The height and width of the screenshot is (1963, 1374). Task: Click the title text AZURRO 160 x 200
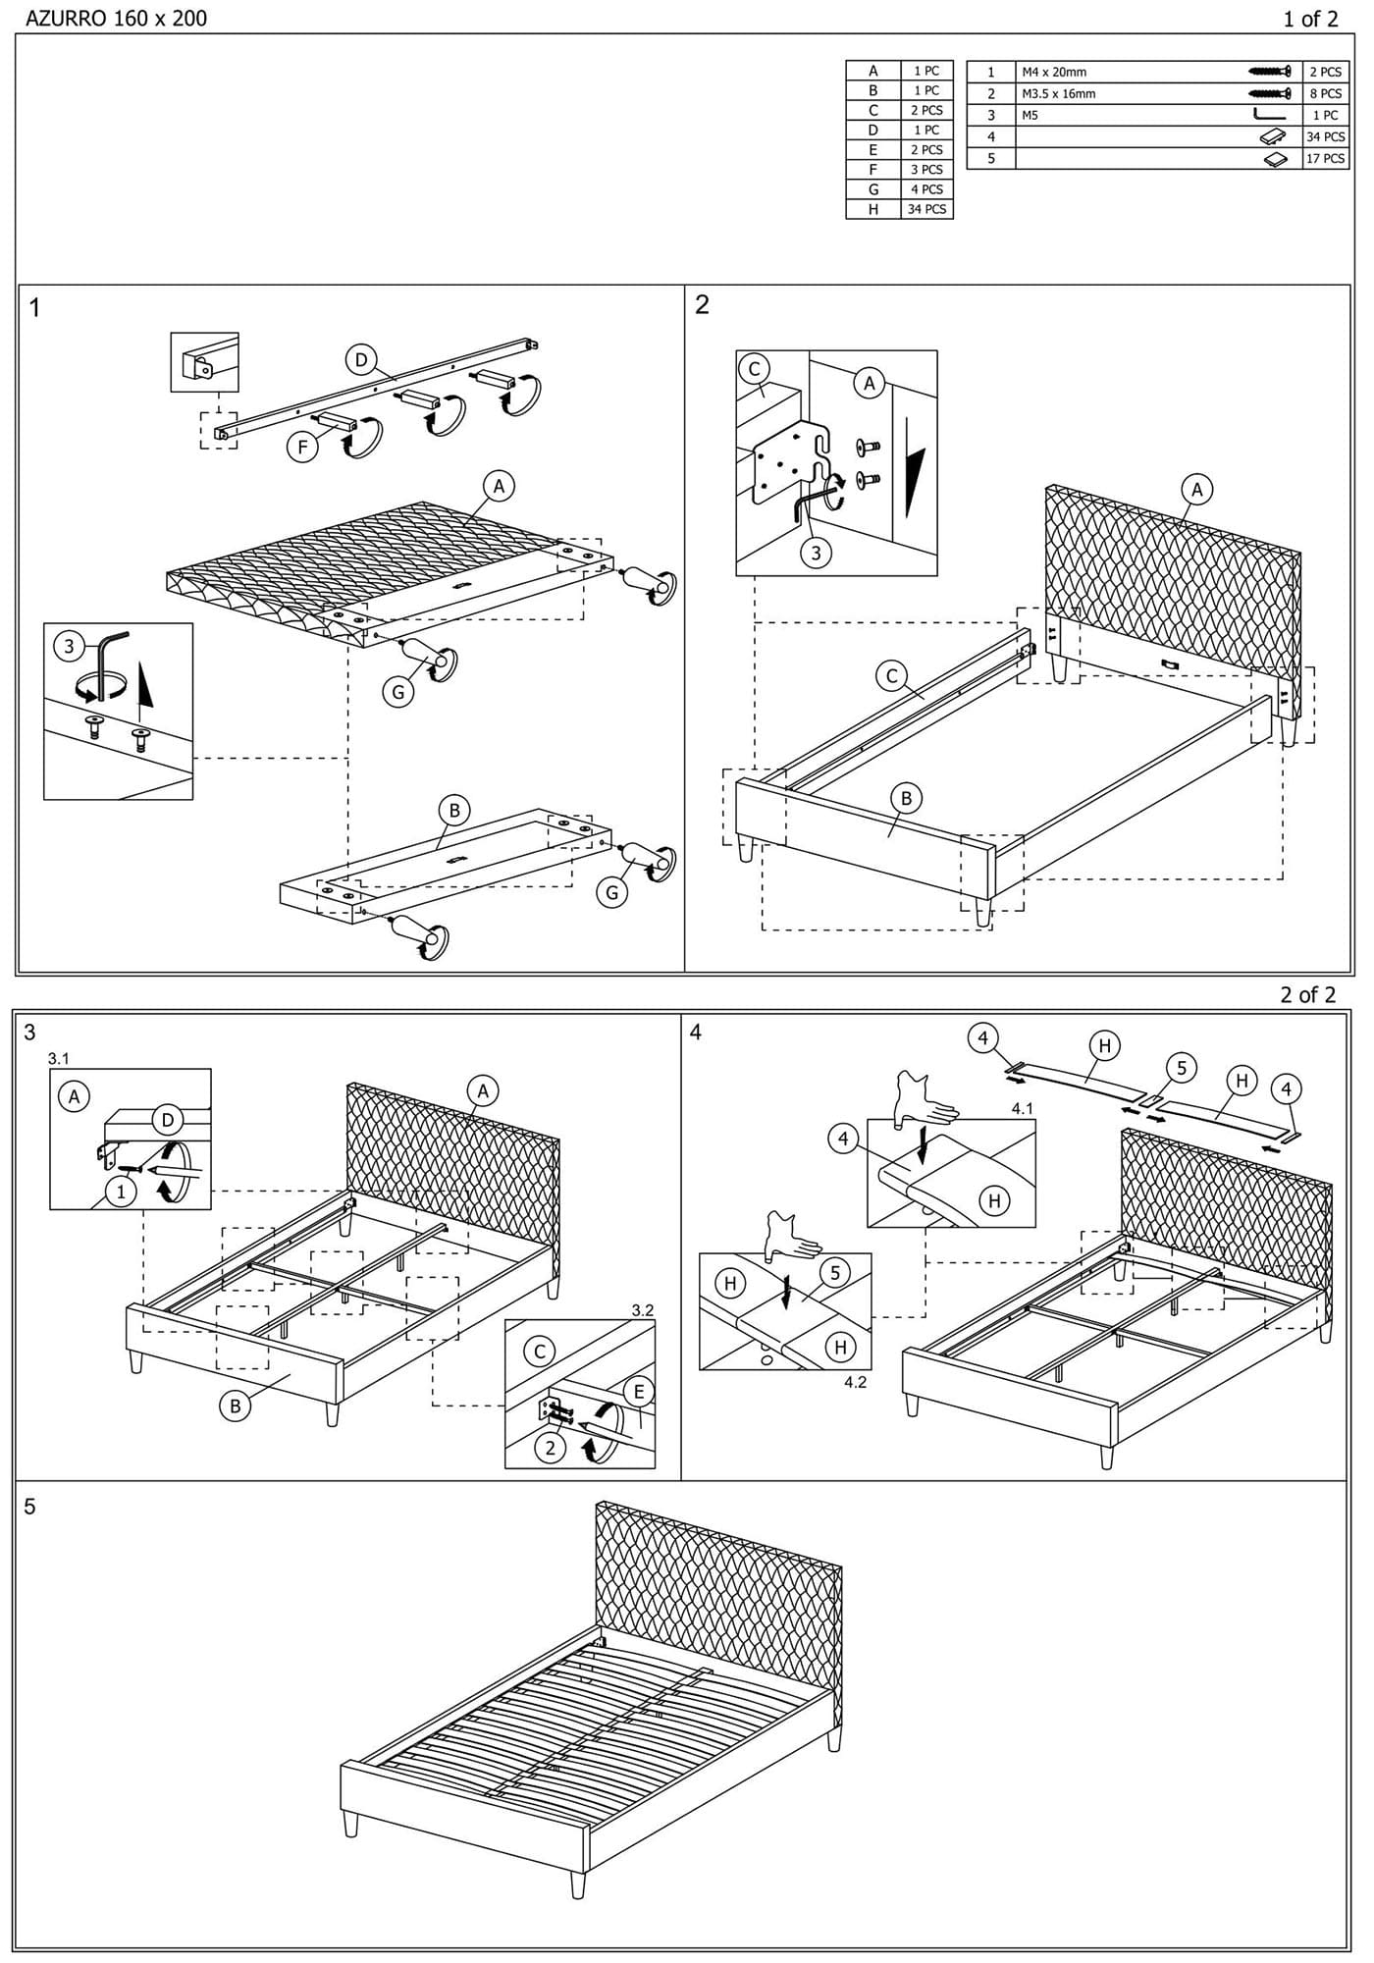116,18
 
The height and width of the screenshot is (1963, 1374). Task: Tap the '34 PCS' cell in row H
926,209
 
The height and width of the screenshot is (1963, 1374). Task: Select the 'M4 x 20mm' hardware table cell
1054,72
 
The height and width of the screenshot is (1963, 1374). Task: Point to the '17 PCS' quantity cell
1325,158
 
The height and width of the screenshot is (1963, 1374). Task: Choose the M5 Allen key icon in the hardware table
1268,115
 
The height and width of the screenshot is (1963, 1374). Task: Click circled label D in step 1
361,360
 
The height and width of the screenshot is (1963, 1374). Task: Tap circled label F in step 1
303,448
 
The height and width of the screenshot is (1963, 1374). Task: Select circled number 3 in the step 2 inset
816,553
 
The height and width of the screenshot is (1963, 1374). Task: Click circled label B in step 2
906,798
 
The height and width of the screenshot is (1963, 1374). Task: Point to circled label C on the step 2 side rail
892,675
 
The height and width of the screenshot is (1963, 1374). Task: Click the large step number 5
29,1507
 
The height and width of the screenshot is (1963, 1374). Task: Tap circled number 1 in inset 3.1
121,1192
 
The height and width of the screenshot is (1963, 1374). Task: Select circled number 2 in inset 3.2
550,1448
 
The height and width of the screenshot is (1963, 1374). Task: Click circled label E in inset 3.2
639,1391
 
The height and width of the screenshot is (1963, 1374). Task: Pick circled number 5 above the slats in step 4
1182,1068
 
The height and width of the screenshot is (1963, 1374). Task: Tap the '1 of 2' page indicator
1310,19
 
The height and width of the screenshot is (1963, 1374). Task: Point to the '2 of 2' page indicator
1307,994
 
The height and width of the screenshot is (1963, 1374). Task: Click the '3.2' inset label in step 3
643,1310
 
